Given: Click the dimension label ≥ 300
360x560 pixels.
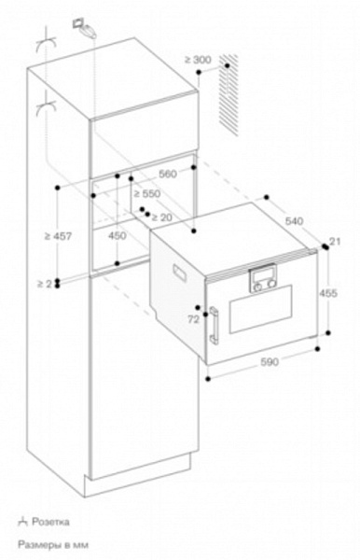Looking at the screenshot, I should (199, 60).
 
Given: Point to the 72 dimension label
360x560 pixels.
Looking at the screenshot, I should (193, 319).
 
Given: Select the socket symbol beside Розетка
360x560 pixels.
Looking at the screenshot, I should (21, 521).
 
